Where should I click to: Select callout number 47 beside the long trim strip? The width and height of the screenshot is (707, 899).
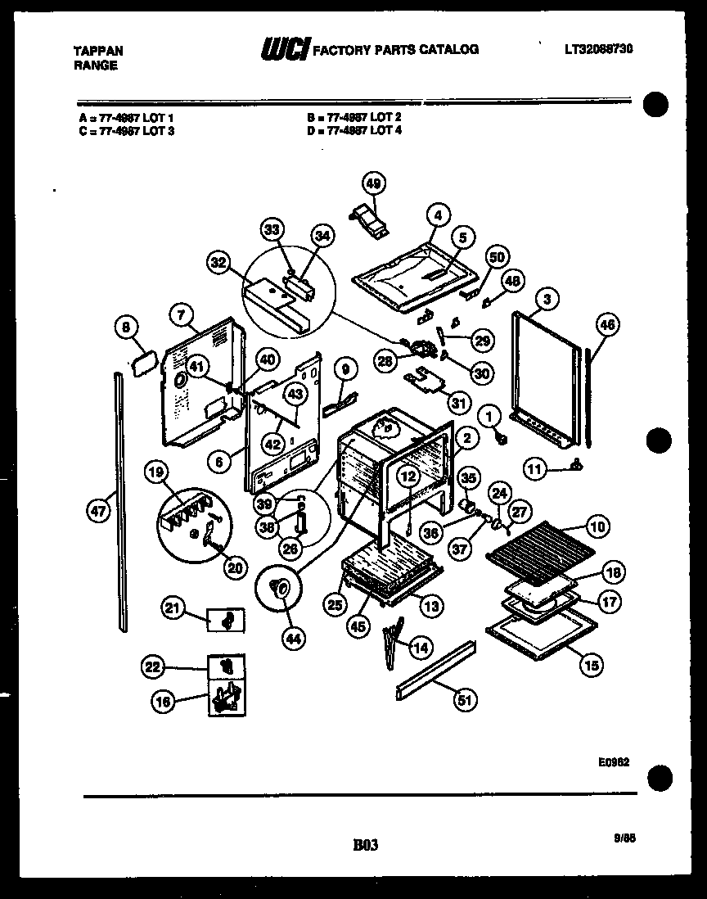tap(97, 512)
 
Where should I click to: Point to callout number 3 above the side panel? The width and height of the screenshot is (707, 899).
tap(547, 299)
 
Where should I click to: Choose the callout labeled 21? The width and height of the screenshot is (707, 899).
tap(172, 608)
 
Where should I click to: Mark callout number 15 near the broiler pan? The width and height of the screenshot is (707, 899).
tap(591, 666)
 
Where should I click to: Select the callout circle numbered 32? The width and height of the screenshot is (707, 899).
tap(218, 263)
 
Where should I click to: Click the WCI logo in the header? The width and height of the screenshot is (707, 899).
tap(283, 50)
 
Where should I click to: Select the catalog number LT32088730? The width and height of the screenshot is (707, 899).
tap(600, 49)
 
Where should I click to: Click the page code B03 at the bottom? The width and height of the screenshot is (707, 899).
tap(365, 845)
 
